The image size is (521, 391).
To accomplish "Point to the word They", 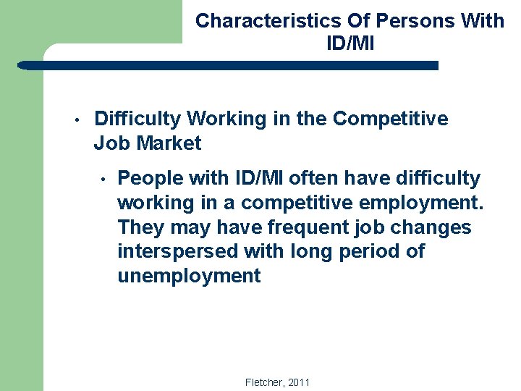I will [x=142, y=227].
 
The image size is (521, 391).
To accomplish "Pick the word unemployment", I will [x=189, y=277].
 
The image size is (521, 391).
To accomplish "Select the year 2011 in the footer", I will [x=298, y=382].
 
